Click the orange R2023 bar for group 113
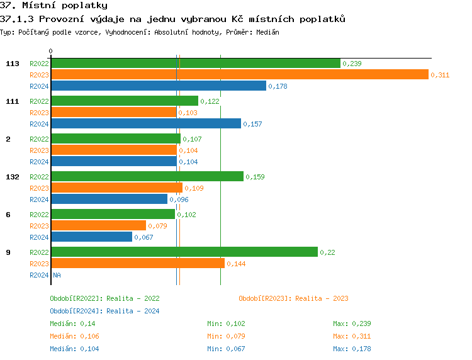pos(239,75)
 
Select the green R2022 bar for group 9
pos(184,252)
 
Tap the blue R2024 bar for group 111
pos(145,124)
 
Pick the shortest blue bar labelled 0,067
pos(91,237)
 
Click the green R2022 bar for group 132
pos(147,177)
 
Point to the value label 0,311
pos(440,75)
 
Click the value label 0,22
pos(327,252)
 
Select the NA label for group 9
pos(57,275)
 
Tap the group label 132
pos(13,177)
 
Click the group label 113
pos(13,64)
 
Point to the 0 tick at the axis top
pos(51,52)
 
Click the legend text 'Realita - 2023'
pos(322,298)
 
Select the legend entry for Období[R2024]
pos(104,311)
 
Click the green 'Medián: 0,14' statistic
pos(72,323)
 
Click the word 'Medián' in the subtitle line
pos(267,32)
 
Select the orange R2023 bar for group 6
pos(98,226)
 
